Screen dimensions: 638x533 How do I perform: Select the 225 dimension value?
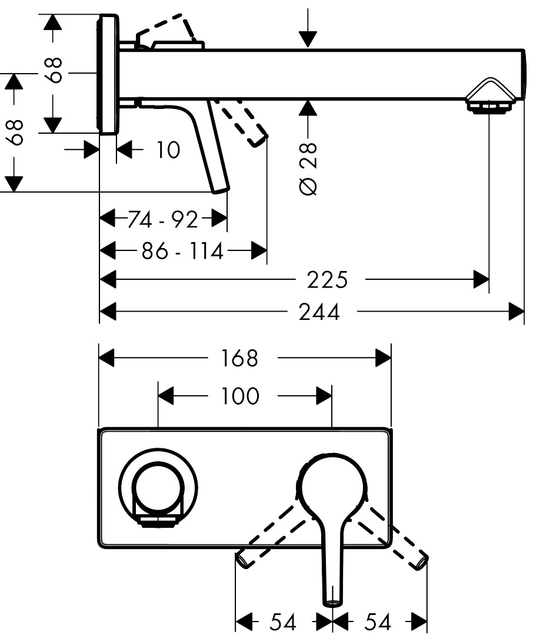(327, 280)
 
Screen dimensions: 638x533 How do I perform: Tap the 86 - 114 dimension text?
(182, 252)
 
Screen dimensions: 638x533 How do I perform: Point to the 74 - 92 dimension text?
(163, 220)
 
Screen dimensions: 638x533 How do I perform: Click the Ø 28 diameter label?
(308, 168)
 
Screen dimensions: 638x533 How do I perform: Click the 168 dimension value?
(240, 358)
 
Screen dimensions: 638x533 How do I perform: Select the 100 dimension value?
(240, 396)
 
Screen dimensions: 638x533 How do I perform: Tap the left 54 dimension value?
(282, 621)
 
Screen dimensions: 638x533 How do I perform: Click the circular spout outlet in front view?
(157, 488)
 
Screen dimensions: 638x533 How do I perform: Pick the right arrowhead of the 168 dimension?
(384, 358)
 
